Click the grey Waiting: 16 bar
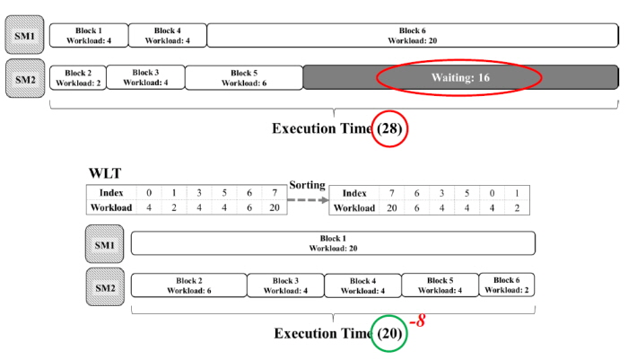click(460, 77)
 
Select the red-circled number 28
click(390, 128)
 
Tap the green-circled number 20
click(389, 333)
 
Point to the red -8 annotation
click(416, 320)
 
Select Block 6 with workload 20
click(413, 35)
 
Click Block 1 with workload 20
click(333, 243)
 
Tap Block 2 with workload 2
click(78, 77)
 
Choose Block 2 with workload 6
click(188, 285)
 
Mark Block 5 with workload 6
click(244, 77)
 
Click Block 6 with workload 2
click(508, 285)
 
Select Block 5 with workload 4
click(440, 285)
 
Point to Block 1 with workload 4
click(88, 35)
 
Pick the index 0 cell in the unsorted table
click(150, 193)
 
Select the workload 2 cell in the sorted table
click(516, 207)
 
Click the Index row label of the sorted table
click(354, 193)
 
